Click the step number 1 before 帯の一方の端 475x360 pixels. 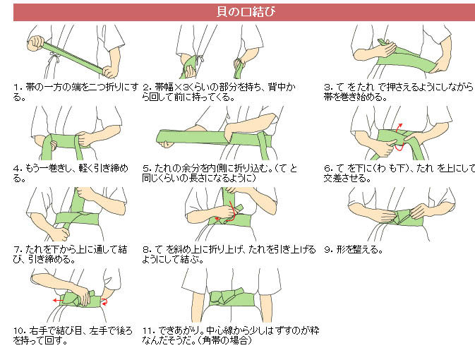[x=16, y=88]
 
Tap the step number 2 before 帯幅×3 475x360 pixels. [x=145, y=88]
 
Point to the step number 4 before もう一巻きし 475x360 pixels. [x=16, y=169]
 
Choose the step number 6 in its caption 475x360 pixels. [x=327, y=169]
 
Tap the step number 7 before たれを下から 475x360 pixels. [x=16, y=250]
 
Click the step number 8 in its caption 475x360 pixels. [x=145, y=250]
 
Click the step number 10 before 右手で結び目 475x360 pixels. [x=18, y=330]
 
